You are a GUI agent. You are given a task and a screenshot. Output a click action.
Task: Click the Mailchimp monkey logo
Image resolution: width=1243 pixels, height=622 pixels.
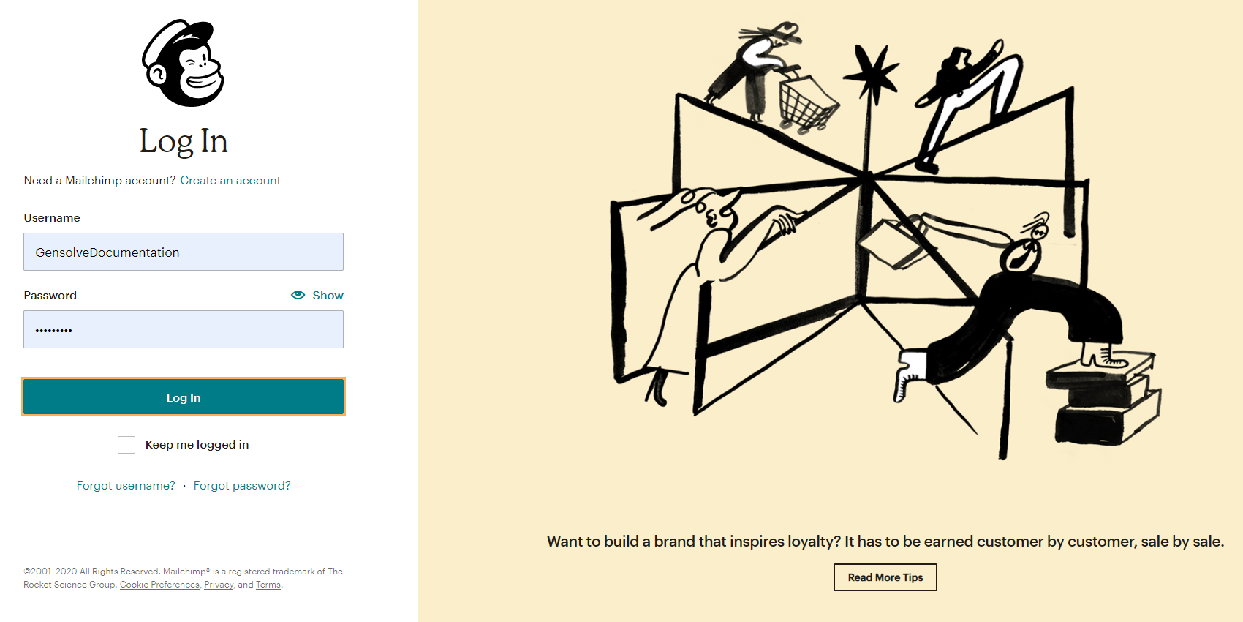pos(183,63)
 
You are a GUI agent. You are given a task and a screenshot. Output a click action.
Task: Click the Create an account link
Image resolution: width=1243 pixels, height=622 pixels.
pos(230,181)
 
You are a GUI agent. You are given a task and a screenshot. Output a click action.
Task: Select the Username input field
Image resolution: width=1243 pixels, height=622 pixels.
pos(184,252)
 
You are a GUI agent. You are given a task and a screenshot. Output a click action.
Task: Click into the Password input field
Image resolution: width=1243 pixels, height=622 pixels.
pos(184,329)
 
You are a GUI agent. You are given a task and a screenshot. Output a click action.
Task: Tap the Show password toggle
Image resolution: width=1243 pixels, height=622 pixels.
pos(317,295)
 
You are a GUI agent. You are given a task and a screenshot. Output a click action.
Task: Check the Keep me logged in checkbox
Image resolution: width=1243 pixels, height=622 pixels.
pos(126,444)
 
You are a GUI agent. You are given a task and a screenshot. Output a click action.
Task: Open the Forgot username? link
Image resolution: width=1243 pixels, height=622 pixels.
pos(126,485)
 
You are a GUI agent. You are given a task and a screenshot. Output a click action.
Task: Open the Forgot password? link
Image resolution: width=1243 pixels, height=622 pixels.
pos(242,485)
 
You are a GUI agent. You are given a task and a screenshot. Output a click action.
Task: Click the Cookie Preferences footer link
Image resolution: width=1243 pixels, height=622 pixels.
pos(159,585)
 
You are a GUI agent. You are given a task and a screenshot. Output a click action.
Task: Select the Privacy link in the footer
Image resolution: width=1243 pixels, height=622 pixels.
pos(219,585)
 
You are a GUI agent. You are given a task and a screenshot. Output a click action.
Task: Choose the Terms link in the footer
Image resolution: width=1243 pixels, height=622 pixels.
pos(268,585)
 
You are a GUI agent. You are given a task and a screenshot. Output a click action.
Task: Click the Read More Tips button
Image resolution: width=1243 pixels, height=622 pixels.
pos(885,577)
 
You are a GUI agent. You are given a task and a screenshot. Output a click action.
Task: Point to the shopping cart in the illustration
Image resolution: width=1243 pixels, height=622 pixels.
pos(806,102)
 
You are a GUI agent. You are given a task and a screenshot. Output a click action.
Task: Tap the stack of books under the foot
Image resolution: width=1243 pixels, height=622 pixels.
pos(1104,401)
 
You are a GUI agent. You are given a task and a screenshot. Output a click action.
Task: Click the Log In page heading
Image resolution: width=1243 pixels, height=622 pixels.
pos(184,140)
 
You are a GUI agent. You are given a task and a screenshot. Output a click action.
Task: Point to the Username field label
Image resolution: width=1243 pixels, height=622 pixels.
pos(52,218)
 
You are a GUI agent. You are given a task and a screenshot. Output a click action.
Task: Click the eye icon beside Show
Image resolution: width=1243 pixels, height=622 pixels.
pos(298,295)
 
